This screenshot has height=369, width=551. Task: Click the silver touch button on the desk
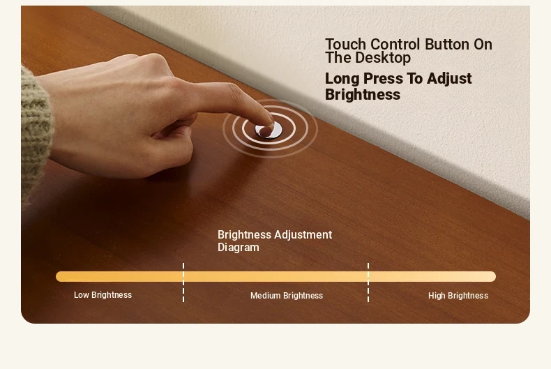click(269, 130)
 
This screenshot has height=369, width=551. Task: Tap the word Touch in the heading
click(345, 45)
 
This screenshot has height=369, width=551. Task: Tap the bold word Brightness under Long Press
click(362, 95)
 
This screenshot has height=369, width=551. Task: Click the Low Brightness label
click(103, 295)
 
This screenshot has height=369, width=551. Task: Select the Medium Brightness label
click(287, 296)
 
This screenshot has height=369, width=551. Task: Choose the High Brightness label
click(458, 296)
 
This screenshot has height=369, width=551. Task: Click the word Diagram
click(239, 248)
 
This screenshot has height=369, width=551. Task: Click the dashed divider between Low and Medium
click(183, 283)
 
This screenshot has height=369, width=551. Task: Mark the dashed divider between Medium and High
click(368, 283)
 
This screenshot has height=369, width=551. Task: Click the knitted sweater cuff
click(35, 133)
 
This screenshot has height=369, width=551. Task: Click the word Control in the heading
click(395, 45)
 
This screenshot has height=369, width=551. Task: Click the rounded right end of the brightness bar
click(493, 276)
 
